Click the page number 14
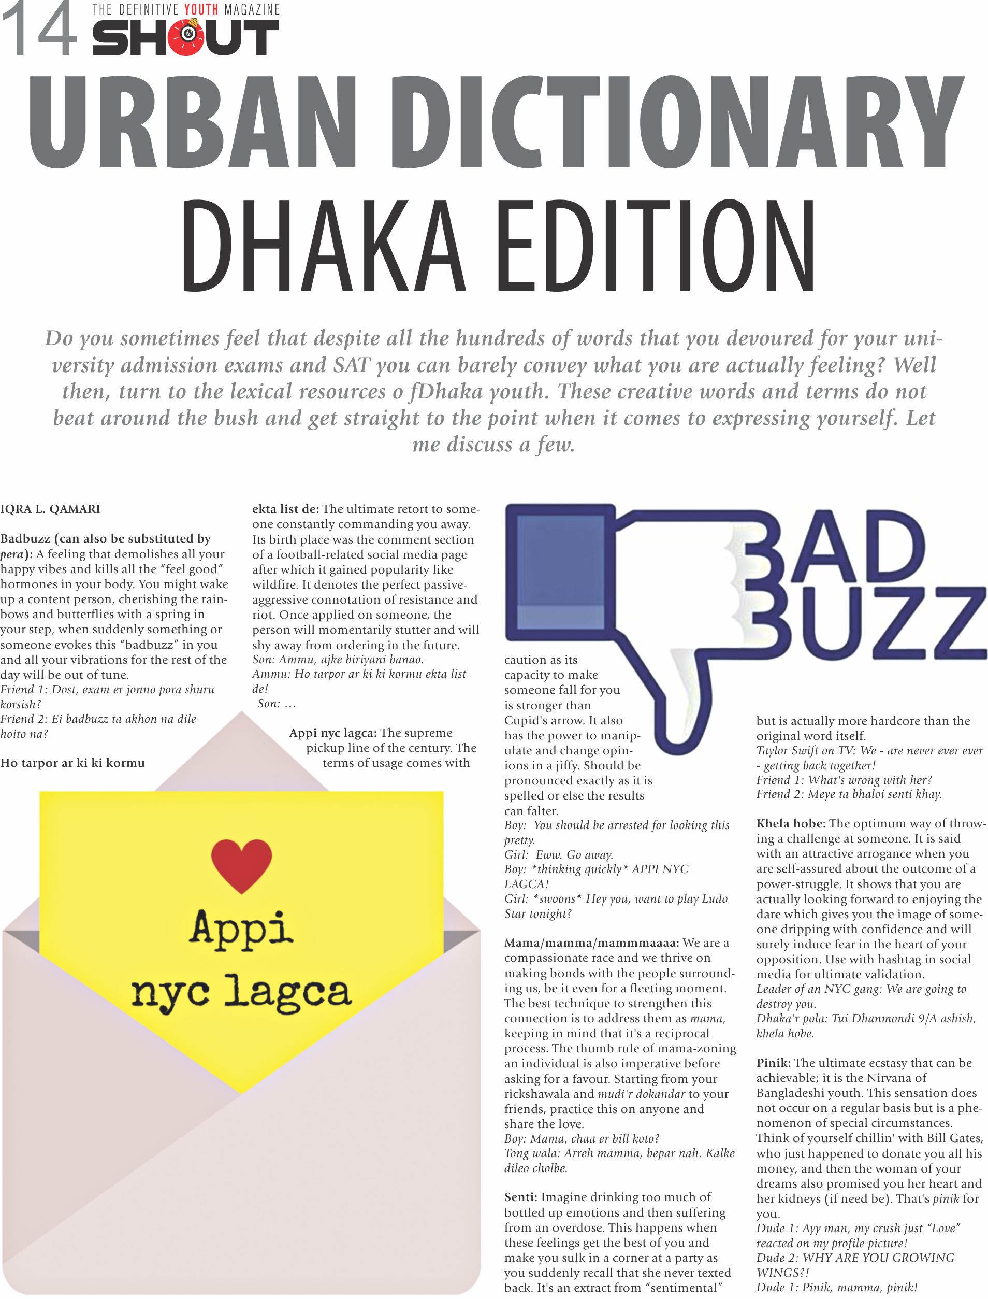click(40, 30)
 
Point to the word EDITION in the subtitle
click(656, 247)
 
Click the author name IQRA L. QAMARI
click(50, 509)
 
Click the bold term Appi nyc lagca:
click(332, 733)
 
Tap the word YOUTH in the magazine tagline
click(200, 9)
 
